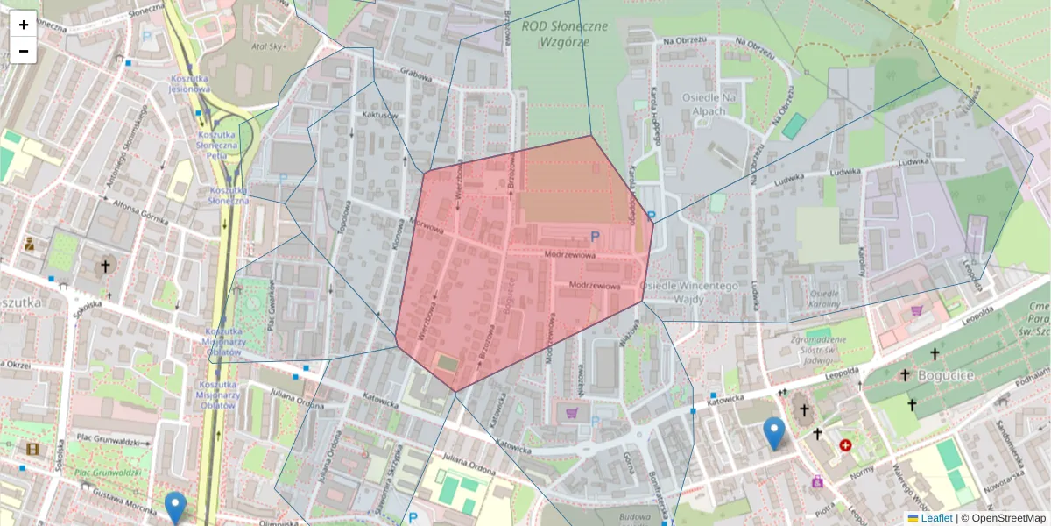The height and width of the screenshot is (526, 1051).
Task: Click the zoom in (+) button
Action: (x=24, y=25)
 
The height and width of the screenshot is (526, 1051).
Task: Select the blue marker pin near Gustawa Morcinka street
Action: (x=175, y=508)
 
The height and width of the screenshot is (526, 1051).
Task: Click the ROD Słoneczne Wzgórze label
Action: (x=564, y=33)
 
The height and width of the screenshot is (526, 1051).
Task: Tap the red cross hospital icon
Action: (x=845, y=445)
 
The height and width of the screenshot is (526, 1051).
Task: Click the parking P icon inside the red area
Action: (x=596, y=235)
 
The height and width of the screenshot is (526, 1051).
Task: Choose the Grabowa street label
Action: (x=416, y=75)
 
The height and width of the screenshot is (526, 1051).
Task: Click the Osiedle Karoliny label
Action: (x=825, y=298)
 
